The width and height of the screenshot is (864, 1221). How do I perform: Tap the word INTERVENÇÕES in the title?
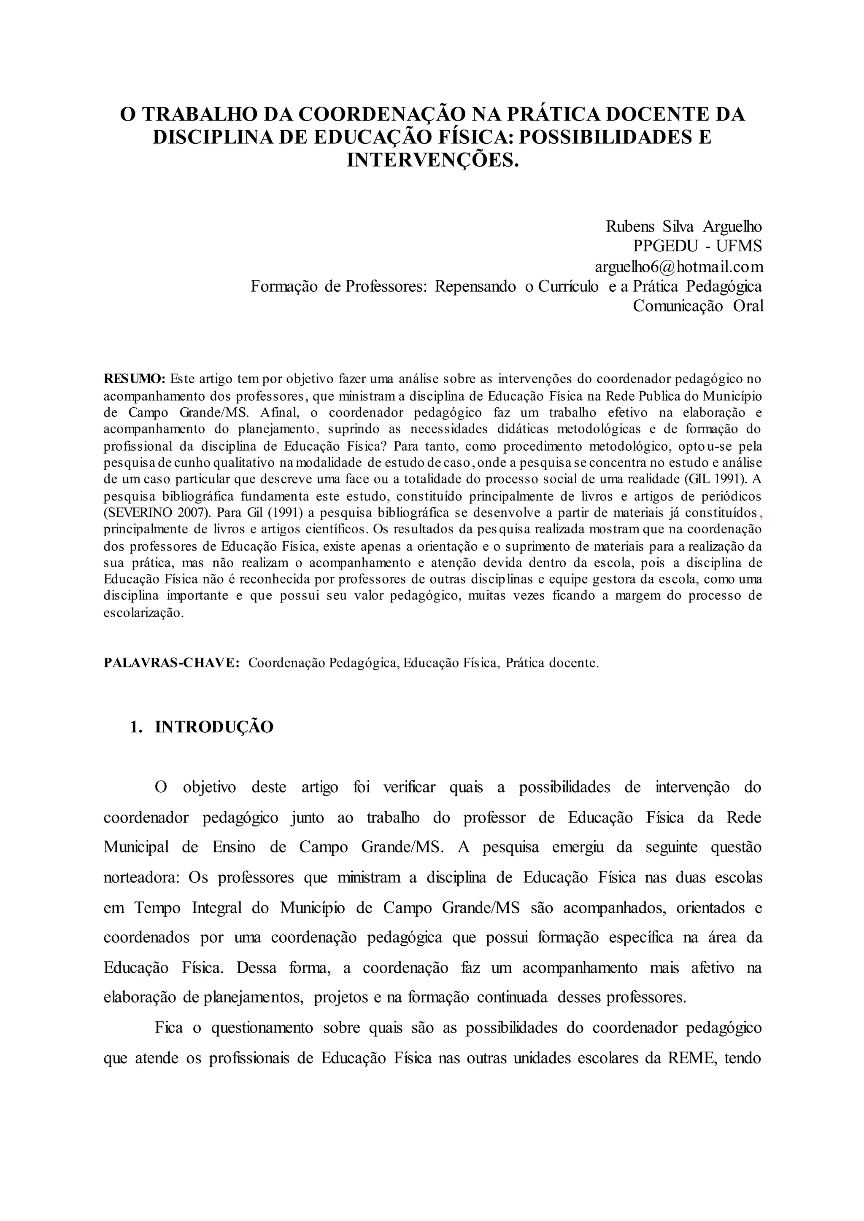pyautogui.click(x=432, y=159)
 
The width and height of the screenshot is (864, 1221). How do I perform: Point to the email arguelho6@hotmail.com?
pyautogui.click(x=678, y=266)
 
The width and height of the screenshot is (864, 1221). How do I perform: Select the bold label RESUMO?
pyautogui.click(x=135, y=379)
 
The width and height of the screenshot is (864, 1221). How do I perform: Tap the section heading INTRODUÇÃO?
pyautogui.click(x=214, y=727)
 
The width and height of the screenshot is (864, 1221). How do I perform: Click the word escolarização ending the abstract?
pyautogui.click(x=143, y=613)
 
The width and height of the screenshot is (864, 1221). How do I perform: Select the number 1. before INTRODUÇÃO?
pyautogui.click(x=136, y=727)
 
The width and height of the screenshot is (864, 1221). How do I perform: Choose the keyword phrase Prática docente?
pyautogui.click(x=552, y=663)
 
